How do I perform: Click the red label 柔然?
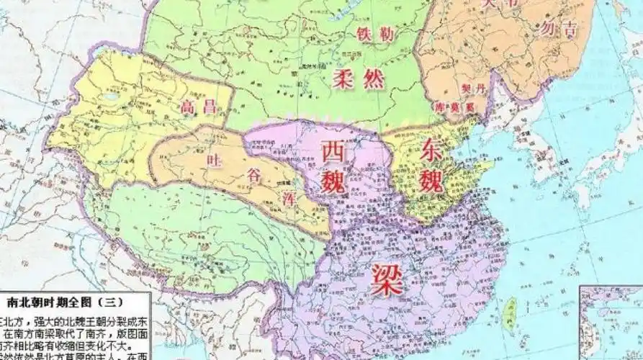359,78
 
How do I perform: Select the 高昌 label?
198,107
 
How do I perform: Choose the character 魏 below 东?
436,179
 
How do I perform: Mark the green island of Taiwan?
512,313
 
